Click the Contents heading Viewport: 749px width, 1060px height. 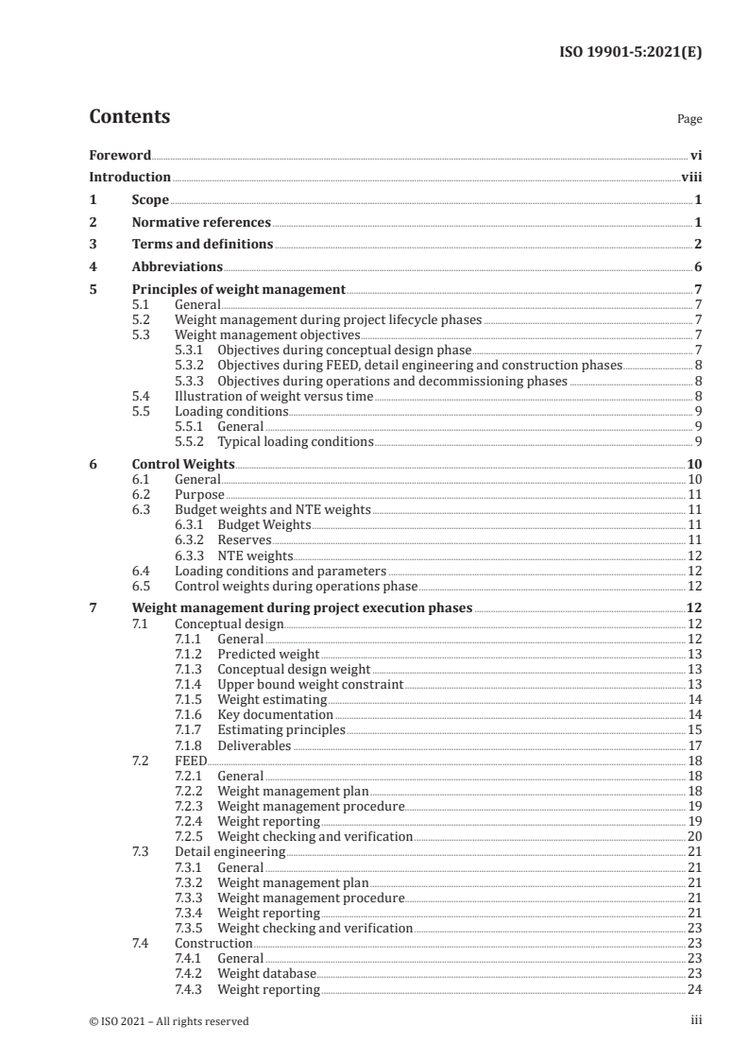(129, 117)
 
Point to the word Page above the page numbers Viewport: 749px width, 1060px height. (689, 120)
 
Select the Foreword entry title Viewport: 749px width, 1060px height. (120, 155)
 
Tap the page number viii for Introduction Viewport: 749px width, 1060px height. (691, 177)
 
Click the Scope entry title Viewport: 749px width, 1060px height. (150, 199)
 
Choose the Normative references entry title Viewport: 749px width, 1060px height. (201, 222)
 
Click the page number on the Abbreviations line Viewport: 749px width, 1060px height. (697, 267)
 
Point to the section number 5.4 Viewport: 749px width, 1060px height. (141, 395)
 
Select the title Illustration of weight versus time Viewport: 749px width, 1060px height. (274, 395)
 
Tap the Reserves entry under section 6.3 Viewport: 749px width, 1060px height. (245, 539)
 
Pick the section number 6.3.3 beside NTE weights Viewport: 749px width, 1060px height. (191, 556)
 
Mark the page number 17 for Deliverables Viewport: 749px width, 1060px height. (694, 745)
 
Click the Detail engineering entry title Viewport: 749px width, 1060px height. (230, 851)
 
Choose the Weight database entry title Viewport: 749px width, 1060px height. (266, 973)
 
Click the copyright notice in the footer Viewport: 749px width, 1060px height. (169, 1020)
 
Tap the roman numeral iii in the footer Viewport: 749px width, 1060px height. (696, 1020)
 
